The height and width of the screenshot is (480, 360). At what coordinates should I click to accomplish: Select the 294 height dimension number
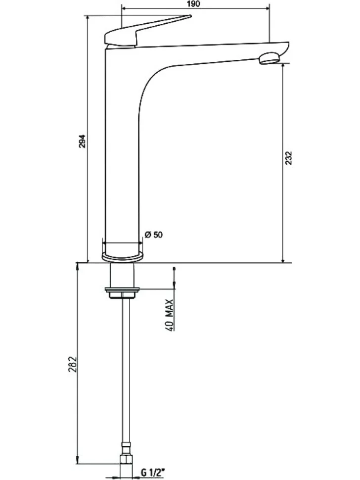(x=83, y=141)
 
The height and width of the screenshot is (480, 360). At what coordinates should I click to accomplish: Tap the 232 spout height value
(x=288, y=158)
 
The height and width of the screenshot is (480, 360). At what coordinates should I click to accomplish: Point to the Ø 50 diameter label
(x=154, y=235)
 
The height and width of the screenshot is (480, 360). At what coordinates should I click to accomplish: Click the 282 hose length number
(x=72, y=364)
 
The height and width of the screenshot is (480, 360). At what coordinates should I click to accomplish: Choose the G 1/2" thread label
(x=153, y=473)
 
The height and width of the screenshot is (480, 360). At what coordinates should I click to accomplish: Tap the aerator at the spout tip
(x=269, y=58)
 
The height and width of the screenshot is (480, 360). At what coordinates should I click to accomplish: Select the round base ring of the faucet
(x=122, y=256)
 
